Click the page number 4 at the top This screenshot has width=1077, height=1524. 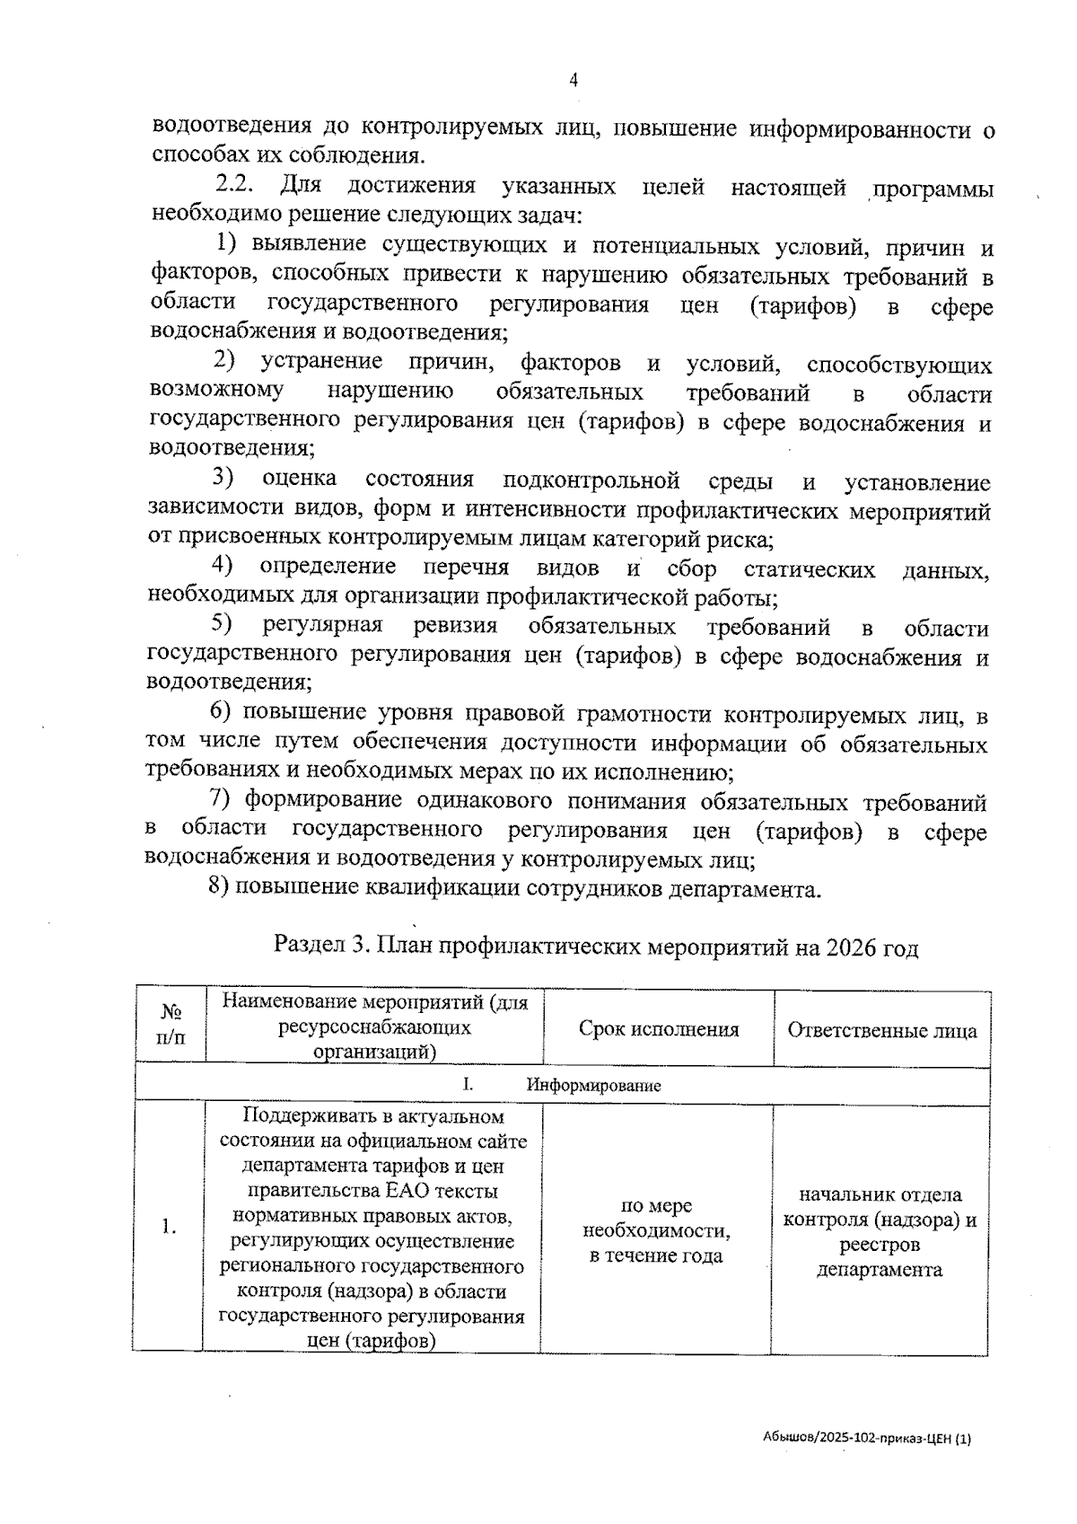[x=574, y=81]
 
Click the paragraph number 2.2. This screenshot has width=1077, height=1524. [x=236, y=187]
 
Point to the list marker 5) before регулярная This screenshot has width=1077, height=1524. [x=222, y=624]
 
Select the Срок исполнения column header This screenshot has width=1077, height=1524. [x=658, y=1029]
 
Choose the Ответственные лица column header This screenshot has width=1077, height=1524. [x=881, y=1029]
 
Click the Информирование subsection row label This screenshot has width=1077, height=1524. [x=593, y=1085]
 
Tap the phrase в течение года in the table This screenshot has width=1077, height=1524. [x=655, y=1255]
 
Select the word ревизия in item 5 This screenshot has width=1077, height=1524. [x=455, y=625]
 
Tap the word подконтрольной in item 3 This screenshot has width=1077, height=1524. [x=591, y=480]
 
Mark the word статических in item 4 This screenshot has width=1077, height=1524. [x=809, y=568]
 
